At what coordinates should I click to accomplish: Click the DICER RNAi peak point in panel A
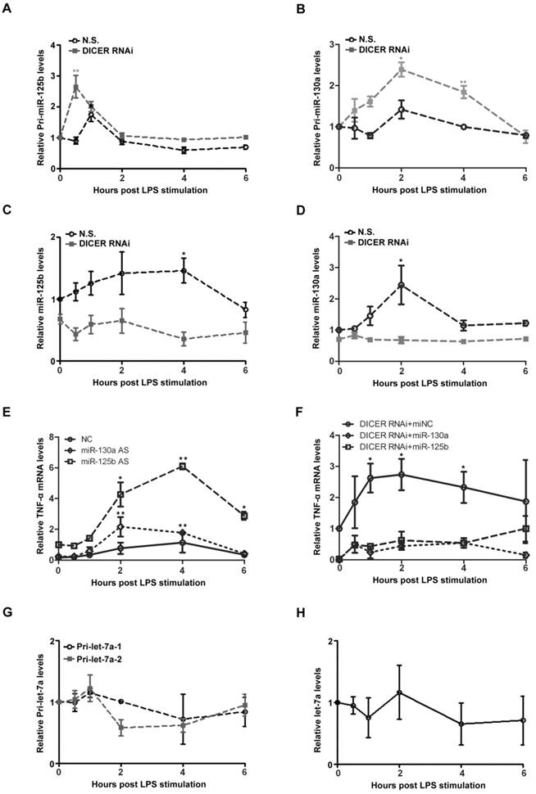[x=75, y=87]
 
